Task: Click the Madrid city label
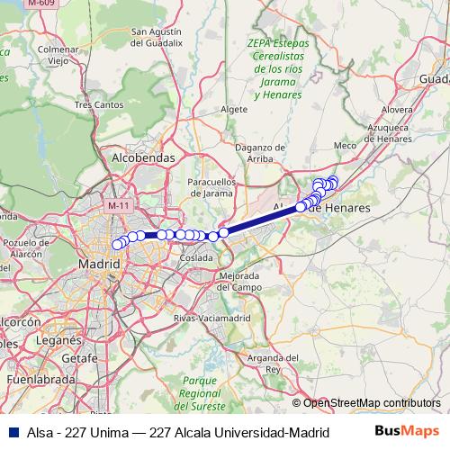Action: (x=100, y=265)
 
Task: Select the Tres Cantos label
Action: (x=98, y=104)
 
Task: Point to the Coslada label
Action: (x=196, y=257)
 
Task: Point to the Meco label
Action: (x=345, y=145)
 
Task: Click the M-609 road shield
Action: (x=39, y=4)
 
